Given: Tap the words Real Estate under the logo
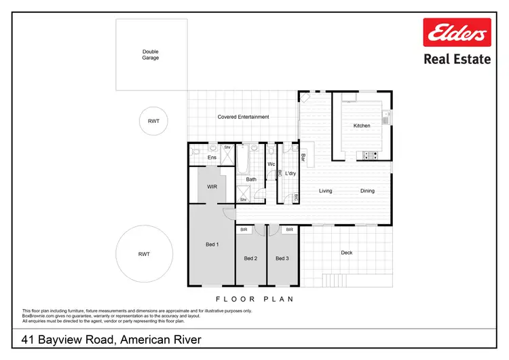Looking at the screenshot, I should pyautogui.click(x=457, y=59).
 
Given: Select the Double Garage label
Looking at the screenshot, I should pyautogui.click(x=151, y=54).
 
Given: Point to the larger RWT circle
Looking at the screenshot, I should pyautogui.click(x=144, y=254).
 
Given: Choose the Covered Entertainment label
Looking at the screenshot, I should pyautogui.click(x=243, y=117).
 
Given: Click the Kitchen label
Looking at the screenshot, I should pyautogui.click(x=362, y=126).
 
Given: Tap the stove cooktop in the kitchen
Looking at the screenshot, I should pyautogui.click(x=371, y=156).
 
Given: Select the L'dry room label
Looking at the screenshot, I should pyautogui.click(x=290, y=174).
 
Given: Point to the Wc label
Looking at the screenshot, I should pyautogui.click(x=271, y=164).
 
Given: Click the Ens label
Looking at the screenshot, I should pyautogui.click(x=212, y=158).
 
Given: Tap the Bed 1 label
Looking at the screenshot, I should pyautogui.click(x=212, y=245).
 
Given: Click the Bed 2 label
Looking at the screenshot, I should pyautogui.click(x=250, y=258).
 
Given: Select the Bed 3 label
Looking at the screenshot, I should pyautogui.click(x=282, y=258).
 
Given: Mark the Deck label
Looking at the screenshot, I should pyautogui.click(x=347, y=253).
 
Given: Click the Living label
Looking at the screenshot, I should pyautogui.click(x=326, y=191).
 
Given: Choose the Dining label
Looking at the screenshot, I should pyautogui.click(x=367, y=191).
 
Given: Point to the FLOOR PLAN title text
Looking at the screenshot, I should pyautogui.click(x=254, y=299).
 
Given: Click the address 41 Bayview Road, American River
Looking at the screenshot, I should pyautogui.click(x=111, y=339).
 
